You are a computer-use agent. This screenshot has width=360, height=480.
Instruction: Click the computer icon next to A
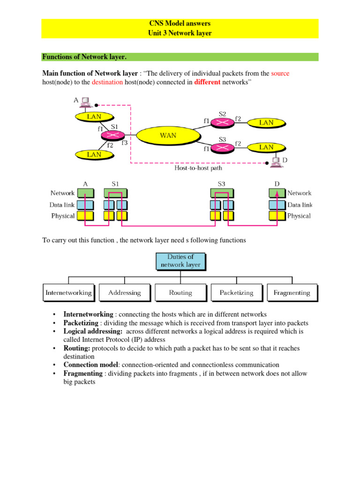point(85,101)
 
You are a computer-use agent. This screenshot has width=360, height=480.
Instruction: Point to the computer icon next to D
point(276,162)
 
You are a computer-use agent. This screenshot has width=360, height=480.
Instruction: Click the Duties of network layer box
point(180,261)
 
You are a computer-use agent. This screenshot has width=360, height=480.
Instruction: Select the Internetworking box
point(69,292)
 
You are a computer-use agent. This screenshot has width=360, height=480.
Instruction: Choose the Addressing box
point(124,292)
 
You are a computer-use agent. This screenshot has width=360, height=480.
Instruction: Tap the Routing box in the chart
point(180,292)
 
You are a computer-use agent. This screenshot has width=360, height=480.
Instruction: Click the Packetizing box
point(236,292)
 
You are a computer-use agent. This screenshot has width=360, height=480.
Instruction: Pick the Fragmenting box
point(292,292)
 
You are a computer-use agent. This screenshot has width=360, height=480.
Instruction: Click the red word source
point(281,74)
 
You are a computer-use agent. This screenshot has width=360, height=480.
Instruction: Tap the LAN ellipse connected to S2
point(266,122)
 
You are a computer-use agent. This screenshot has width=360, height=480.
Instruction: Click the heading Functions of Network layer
point(84,57)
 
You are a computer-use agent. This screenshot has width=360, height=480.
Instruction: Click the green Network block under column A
point(85,193)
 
